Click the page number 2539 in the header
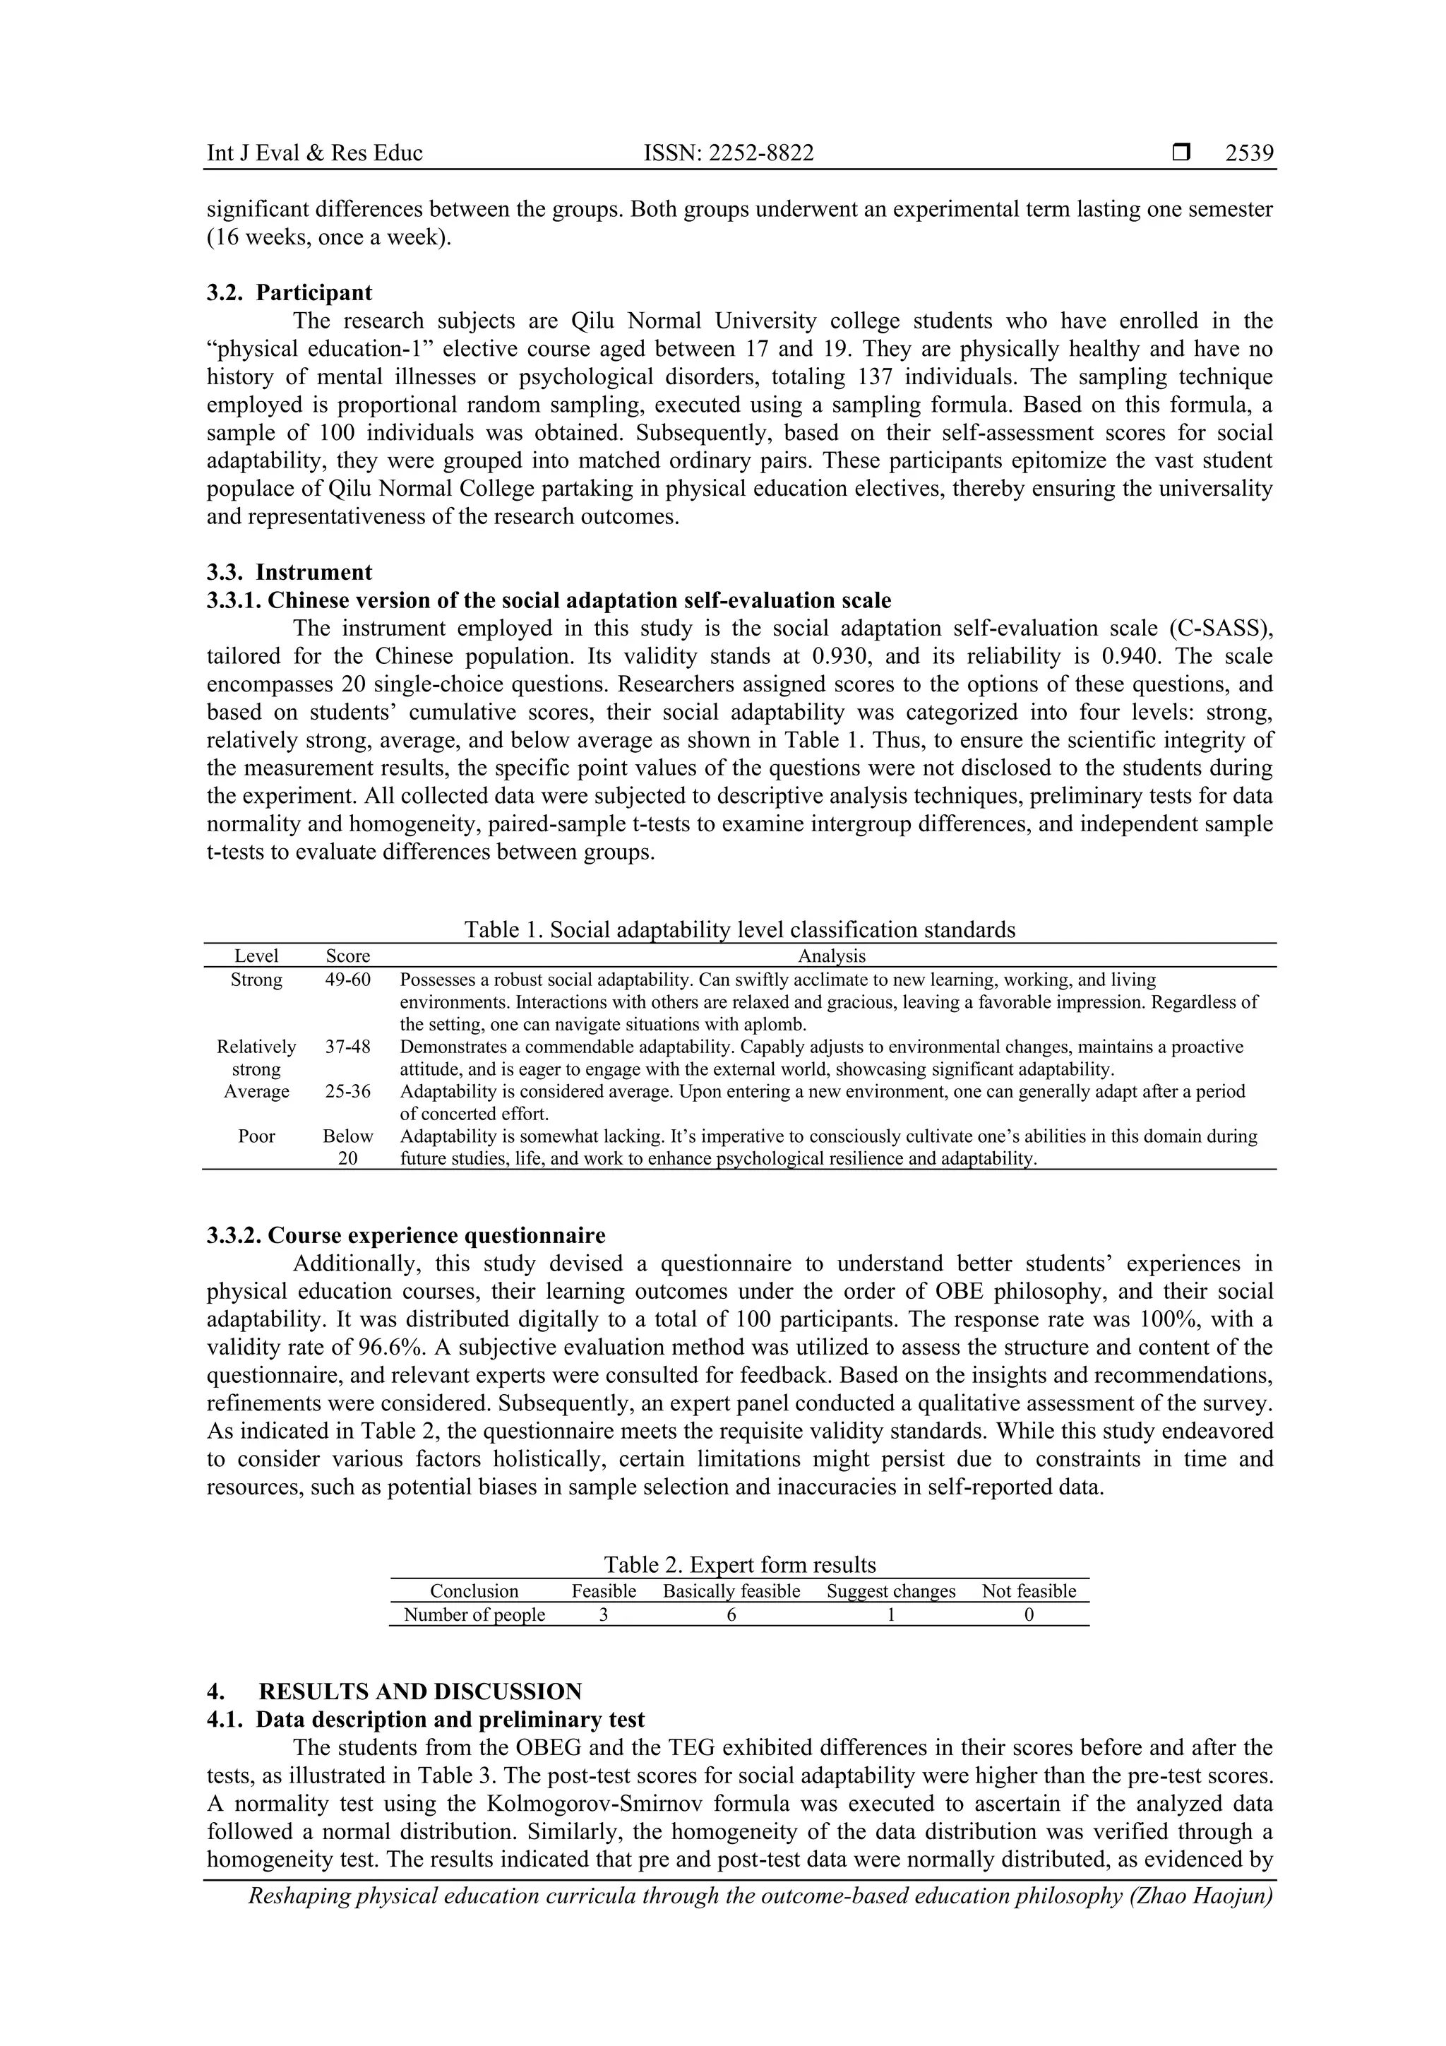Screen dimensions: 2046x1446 tap(1248, 153)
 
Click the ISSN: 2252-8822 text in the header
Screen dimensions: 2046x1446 tap(728, 153)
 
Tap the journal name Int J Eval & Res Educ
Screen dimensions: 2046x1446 tap(314, 153)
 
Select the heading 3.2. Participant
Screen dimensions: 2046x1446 tap(289, 292)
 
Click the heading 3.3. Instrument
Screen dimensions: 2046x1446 tap(289, 572)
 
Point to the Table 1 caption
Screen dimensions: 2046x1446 tap(739, 929)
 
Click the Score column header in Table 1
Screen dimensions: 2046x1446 tap(347, 956)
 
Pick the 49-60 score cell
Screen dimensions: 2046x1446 tap(347, 980)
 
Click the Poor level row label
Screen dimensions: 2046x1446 tap(256, 1136)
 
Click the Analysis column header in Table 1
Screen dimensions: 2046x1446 tap(830, 956)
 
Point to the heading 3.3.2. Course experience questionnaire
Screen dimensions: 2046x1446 tap(406, 1235)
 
